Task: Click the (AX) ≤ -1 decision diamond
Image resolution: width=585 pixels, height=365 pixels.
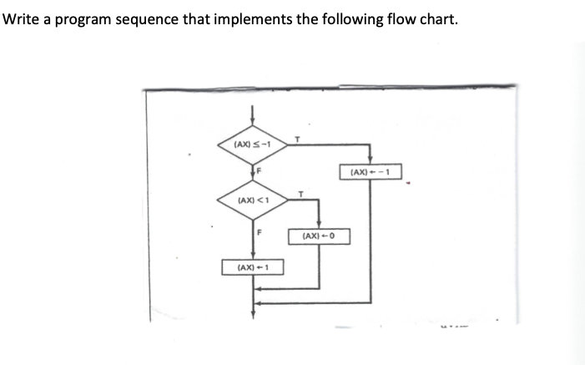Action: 253,144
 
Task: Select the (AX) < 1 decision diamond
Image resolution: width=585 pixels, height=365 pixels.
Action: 253,200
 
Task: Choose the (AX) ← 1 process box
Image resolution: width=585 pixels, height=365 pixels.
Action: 252,267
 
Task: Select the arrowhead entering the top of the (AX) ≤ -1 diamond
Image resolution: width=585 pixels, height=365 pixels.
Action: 253,128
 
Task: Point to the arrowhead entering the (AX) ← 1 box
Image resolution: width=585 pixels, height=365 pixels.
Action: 253,258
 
